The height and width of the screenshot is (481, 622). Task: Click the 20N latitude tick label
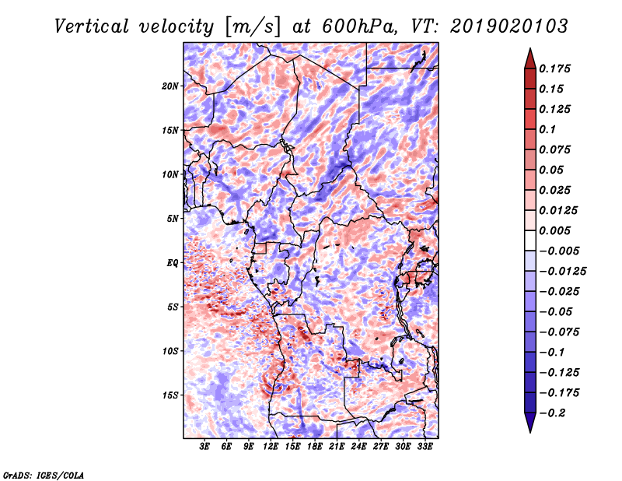coord(170,86)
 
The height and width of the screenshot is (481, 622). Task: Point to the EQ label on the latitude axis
coord(173,263)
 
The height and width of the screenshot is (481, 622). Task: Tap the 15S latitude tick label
coord(170,395)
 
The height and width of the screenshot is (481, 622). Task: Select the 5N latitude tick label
coord(173,219)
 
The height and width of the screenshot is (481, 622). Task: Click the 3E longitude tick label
coord(204,447)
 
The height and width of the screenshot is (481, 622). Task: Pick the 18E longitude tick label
coord(315,447)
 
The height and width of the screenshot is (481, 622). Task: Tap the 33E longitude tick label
coord(425,447)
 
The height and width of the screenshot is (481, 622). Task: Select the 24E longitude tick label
coord(358,447)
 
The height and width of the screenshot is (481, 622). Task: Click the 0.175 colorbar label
coord(554,68)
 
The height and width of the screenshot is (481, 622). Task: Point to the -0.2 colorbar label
coord(552,413)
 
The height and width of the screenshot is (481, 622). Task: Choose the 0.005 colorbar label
coord(554,230)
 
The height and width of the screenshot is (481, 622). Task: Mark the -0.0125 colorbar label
coord(562,272)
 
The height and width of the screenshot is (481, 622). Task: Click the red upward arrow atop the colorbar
coord(530,58)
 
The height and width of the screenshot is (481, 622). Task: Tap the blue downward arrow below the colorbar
coord(530,423)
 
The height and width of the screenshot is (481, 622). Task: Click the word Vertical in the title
coord(92,26)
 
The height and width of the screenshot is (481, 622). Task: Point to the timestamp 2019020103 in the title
coord(509,26)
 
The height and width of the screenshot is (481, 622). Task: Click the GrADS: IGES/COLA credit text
coord(44,475)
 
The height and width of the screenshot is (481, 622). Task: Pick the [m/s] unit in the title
coord(253,26)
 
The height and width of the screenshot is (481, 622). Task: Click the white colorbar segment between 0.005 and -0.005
coord(530,240)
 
